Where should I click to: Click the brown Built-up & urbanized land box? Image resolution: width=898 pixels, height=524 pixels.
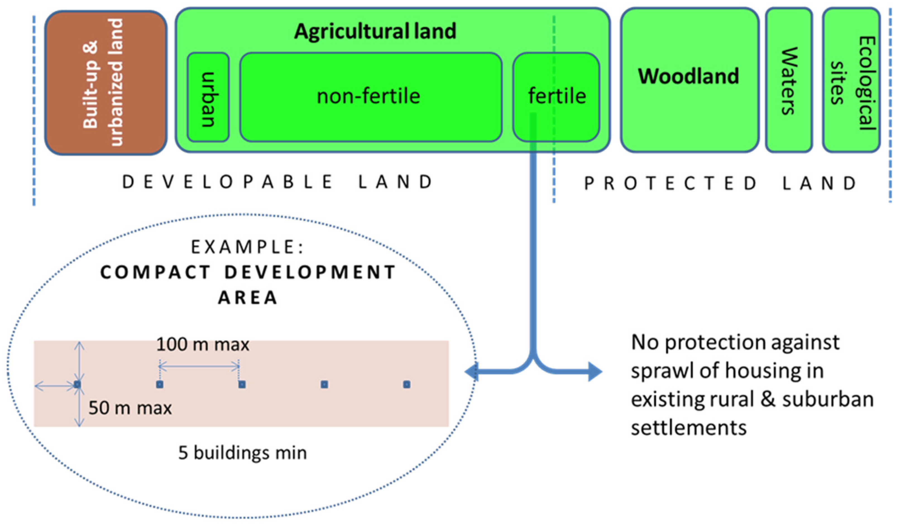(106, 83)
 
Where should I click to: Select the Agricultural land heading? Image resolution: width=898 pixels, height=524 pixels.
(375, 31)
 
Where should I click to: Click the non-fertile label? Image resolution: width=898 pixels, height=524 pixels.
(368, 96)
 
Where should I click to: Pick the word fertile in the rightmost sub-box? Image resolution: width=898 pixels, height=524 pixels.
(557, 96)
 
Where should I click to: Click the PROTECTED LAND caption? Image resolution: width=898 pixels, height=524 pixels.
(720, 183)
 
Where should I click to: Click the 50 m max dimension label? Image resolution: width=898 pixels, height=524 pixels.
(130, 408)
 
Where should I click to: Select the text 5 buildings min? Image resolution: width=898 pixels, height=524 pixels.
(242, 453)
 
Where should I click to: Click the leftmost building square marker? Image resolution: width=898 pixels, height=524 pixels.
(77, 384)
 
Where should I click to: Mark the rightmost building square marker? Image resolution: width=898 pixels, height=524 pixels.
(407, 384)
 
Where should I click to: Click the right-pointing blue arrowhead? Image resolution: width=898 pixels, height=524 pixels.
(594, 372)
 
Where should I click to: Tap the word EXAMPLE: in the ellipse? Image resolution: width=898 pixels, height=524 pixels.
(248, 247)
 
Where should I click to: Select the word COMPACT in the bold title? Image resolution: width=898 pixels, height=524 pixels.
(155, 273)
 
